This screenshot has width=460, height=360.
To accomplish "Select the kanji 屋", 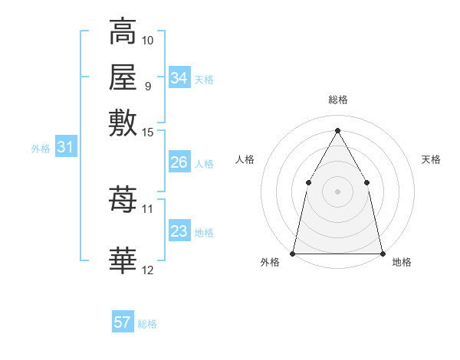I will (123, 77).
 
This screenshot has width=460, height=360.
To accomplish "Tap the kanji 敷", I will (123, 123).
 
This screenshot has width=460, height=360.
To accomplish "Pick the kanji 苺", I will (123, 200).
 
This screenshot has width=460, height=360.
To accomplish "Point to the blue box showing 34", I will (179, 78).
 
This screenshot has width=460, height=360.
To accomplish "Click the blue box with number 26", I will (179, 162).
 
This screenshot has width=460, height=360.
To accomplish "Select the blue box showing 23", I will (179, 231).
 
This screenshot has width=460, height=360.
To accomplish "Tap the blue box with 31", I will (65, 147).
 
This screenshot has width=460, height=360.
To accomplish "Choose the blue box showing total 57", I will (123, 322).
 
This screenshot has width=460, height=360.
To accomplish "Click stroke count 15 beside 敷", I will (148, 133).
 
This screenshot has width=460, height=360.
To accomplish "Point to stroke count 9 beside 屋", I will (148, 86).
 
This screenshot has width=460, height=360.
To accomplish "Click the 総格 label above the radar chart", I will (337, 100).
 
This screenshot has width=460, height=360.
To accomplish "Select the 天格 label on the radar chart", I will (431, 159).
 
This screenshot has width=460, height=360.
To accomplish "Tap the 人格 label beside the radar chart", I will (245, 159).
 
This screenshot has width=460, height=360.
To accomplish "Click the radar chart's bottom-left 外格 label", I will (270, 263).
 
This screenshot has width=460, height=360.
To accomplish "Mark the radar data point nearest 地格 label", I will (382, 253).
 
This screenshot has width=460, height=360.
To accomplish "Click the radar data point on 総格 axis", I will (337, 129).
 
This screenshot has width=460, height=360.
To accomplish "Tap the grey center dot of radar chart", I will (337, 191).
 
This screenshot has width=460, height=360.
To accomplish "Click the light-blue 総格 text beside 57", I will (148, 324).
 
